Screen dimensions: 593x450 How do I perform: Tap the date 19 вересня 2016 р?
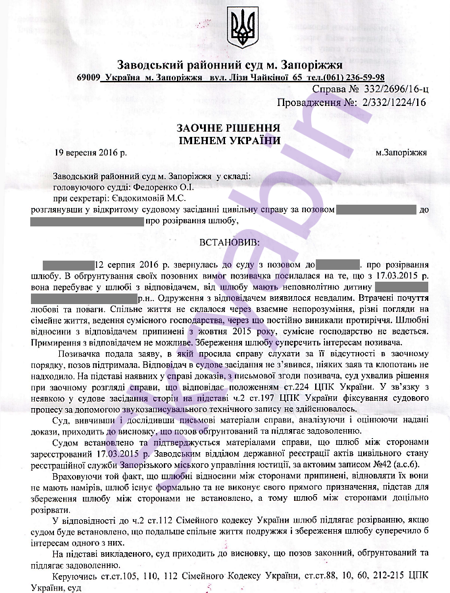pyautogui.click(x=90, y=152)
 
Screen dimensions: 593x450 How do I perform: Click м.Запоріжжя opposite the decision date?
pyautogui.click(x=401, y=152)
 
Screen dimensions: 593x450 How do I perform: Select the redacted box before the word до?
pyautogui.click(x=376, y=209)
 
